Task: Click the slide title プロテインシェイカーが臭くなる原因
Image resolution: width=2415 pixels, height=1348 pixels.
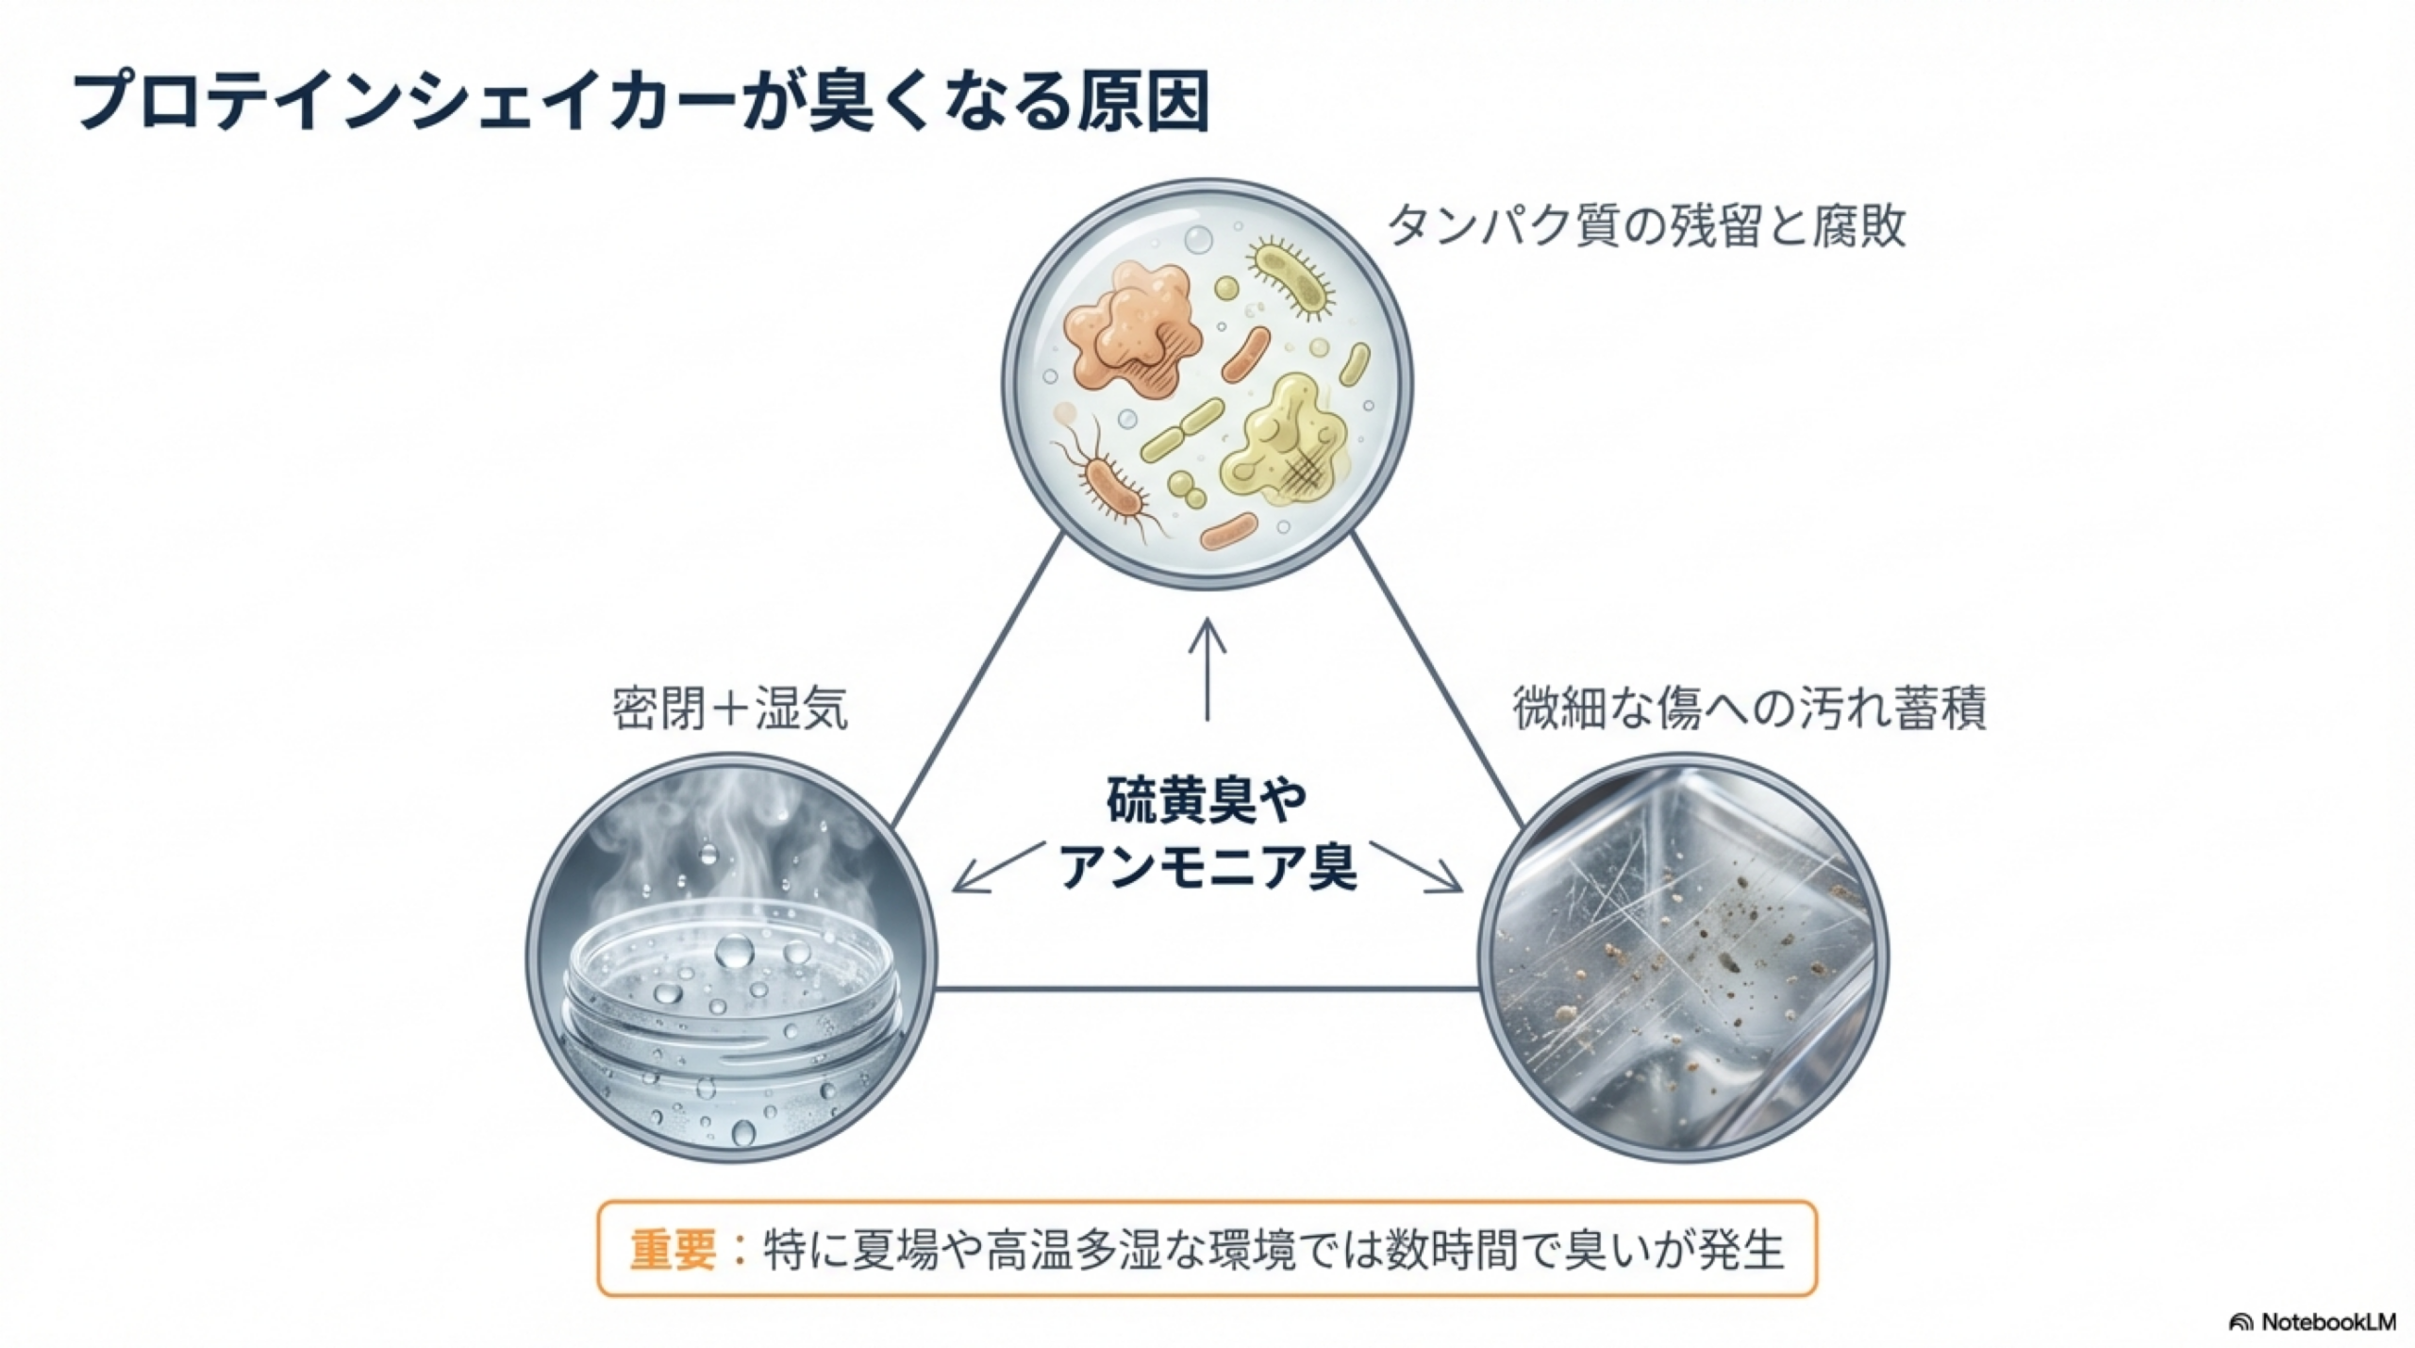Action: point(641,102)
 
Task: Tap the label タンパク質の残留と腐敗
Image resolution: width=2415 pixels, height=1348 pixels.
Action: point(1645,226)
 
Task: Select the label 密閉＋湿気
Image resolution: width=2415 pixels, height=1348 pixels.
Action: point(730,708)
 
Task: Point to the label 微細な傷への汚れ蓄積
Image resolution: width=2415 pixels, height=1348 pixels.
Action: point(1750,708)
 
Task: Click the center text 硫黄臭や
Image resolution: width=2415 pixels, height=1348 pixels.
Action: point(1207,799)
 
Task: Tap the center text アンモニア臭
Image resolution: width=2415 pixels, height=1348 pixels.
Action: point(1207,866)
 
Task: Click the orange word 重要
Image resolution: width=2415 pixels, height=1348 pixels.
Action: point(672,1250)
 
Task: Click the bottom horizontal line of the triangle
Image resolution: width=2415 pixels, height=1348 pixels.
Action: point(1207,989)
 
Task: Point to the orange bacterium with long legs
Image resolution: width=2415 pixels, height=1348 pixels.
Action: point(1113,486)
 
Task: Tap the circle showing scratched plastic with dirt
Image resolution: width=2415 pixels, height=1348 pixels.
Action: point(1683,957)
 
